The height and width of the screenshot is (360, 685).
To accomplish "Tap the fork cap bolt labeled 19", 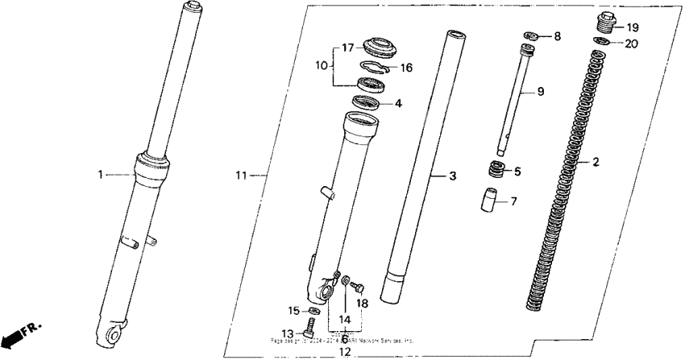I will [x=607, y=22].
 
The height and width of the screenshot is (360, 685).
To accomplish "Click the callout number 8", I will [x=557, y=37].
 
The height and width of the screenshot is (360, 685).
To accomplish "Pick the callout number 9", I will [x=541, y=92].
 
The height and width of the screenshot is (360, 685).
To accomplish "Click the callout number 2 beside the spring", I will [x=596, y=162].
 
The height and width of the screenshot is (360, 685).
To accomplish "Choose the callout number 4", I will [x=397, y=103].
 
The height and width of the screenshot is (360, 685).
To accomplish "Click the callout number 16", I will [x=406, y=68].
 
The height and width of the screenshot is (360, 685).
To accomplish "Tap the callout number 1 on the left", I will [x=102, y=173].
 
